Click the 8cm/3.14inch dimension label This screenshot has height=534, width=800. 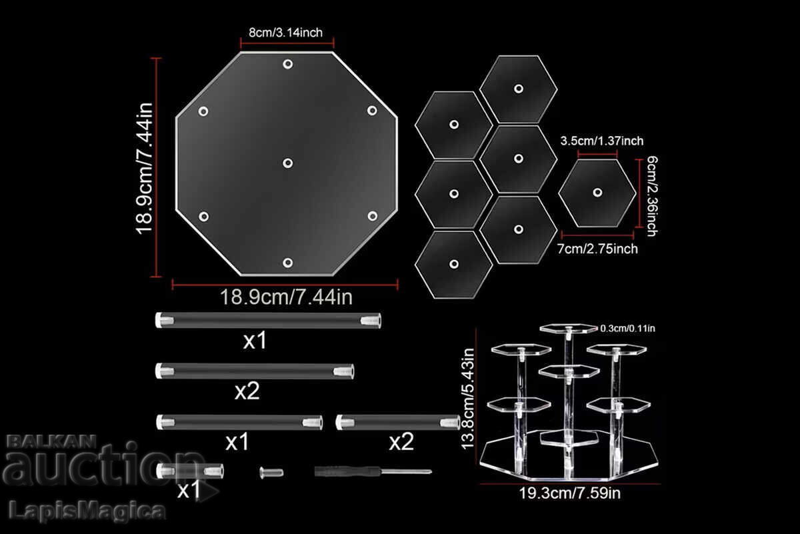point(287,32)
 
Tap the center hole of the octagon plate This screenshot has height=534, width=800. point(288,163)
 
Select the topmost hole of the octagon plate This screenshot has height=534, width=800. point(288,64)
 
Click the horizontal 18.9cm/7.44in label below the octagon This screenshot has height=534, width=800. point(287,296)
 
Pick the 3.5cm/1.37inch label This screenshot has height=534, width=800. point(602,141)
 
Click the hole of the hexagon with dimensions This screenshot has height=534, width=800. point(597,193)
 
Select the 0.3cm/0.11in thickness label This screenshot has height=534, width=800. point(628,327)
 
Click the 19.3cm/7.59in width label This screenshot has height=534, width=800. point(571,494)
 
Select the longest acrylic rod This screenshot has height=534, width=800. point(268,321)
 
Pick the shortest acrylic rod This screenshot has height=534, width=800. point(191,471)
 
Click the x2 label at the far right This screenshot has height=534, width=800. point(401,442)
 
